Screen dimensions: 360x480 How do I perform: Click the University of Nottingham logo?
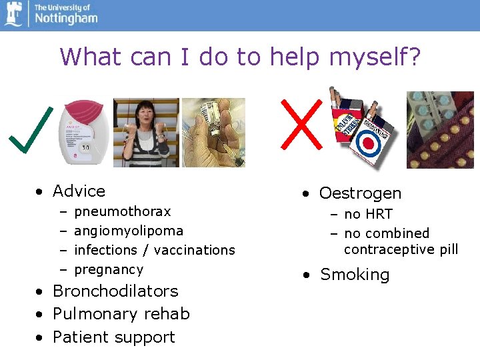(x=50, y=14)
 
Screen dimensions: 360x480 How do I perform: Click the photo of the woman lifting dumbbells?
(x=145, y=133)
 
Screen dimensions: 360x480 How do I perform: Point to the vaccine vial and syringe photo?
(x=213, y=133)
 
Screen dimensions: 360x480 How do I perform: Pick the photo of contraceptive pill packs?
(x=440, y=129)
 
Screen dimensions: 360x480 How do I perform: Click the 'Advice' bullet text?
(x=79, y=191)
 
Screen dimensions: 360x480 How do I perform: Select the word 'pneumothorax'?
(x=123, y=211)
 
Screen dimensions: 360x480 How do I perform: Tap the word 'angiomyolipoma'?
(x=129, y=231)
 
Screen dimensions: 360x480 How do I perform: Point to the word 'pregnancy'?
(x=109, y=269)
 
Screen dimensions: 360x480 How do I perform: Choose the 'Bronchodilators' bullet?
(x=115, y=291)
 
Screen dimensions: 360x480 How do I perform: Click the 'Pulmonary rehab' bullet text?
(x=121, y=314)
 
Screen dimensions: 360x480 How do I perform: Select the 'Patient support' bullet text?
(x=113, y=337)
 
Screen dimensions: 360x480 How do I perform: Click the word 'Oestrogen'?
(x=360, y=193)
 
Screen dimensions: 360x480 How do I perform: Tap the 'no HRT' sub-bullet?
(x=368, y=214)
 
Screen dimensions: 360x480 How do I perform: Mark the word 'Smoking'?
(x=355, y=275)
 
